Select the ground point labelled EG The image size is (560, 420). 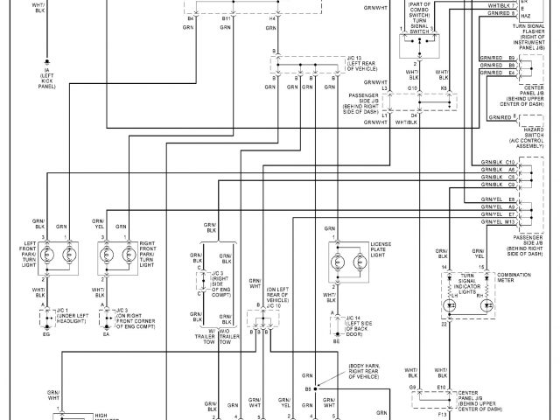[45, 334]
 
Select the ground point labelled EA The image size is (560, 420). [106, 334]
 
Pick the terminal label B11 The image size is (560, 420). [227, 17]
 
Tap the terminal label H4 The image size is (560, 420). [273, 17]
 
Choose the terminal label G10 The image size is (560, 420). [411, 87]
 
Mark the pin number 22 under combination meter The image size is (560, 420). [444, 324]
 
